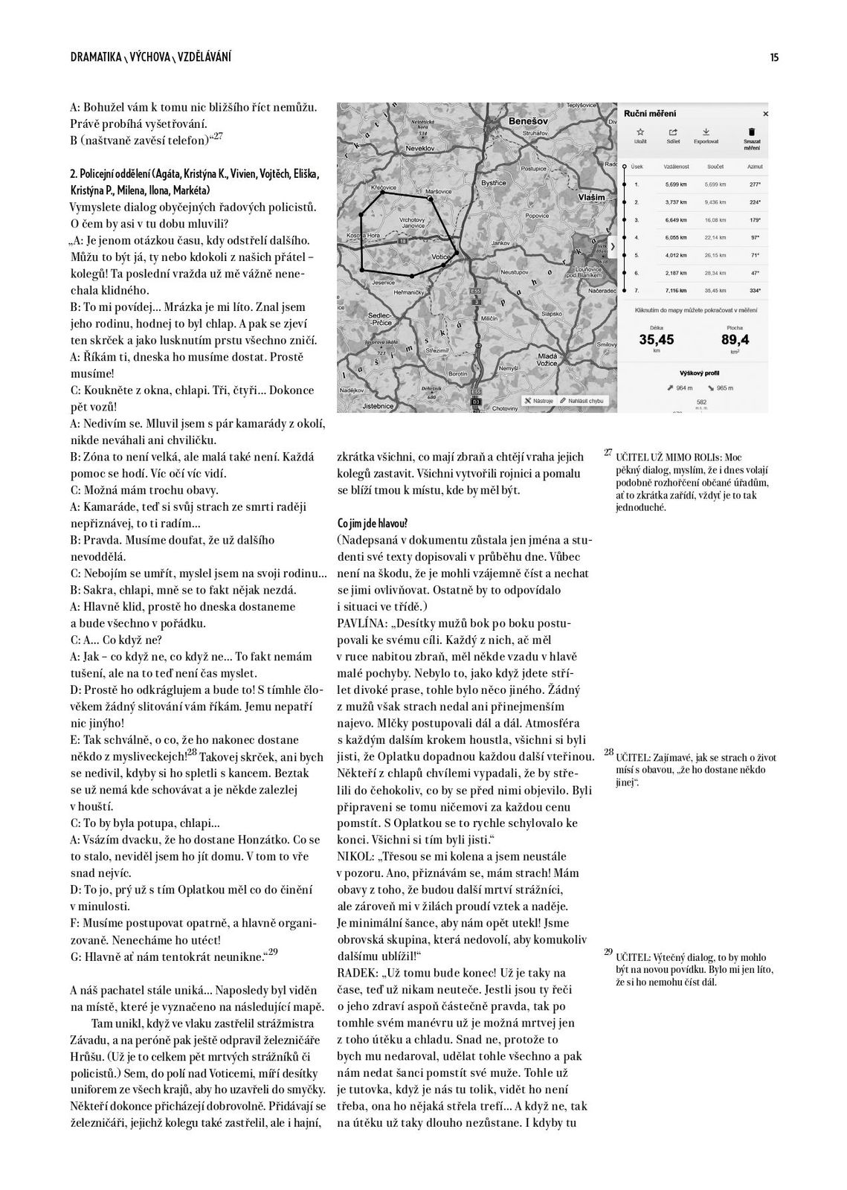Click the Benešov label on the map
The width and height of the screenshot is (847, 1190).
[528, 120]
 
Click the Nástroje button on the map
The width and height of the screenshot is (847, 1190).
[538, 400]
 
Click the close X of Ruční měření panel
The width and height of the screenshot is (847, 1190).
[765, 114]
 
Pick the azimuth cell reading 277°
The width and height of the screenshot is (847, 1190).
[756, 184]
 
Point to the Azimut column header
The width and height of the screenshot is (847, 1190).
[755, 167]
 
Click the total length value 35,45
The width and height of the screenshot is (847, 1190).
[657, 340]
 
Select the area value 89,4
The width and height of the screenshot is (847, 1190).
[734, 340]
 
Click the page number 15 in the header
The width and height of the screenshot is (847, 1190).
[774, 57]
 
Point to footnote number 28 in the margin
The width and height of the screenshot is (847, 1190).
[608, 753]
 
